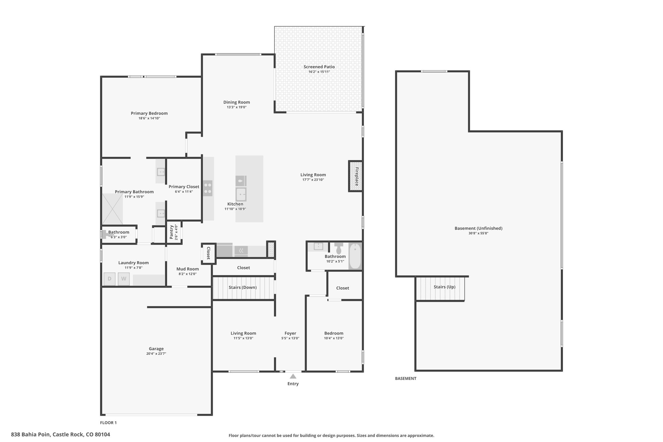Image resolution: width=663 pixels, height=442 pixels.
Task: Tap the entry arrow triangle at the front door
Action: coord(293,376)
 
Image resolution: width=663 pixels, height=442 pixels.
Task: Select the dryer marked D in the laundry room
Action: coord(109,279)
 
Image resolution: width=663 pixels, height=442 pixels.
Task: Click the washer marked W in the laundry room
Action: coord(124,279)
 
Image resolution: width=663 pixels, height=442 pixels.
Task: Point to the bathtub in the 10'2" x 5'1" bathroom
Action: coord(355,256)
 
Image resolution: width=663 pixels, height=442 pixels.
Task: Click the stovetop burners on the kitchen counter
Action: coord(208,188)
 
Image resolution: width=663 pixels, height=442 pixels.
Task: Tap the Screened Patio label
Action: coord(319,67)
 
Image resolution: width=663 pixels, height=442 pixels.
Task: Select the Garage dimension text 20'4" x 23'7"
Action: coord(156,354)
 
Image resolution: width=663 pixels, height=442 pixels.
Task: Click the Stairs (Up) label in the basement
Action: coord(444,287)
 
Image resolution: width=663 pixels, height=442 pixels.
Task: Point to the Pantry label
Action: coord(172,232)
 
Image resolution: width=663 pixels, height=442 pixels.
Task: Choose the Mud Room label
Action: coord(187,269)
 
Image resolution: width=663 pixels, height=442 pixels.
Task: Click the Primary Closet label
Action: coord(184,187)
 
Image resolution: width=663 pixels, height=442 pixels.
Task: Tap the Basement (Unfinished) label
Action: coord(478,228)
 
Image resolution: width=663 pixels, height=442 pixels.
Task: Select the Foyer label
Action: coord(290,333)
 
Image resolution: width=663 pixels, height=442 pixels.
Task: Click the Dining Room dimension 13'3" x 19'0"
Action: coord(237,107)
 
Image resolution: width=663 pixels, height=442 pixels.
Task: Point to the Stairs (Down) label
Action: coord(242,287)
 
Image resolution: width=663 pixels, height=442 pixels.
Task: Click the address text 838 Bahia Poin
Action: coord(31,435)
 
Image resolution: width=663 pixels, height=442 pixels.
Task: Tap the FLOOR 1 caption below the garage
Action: coord(108,423)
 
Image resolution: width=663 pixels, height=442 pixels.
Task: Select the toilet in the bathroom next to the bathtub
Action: coord(339,248)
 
